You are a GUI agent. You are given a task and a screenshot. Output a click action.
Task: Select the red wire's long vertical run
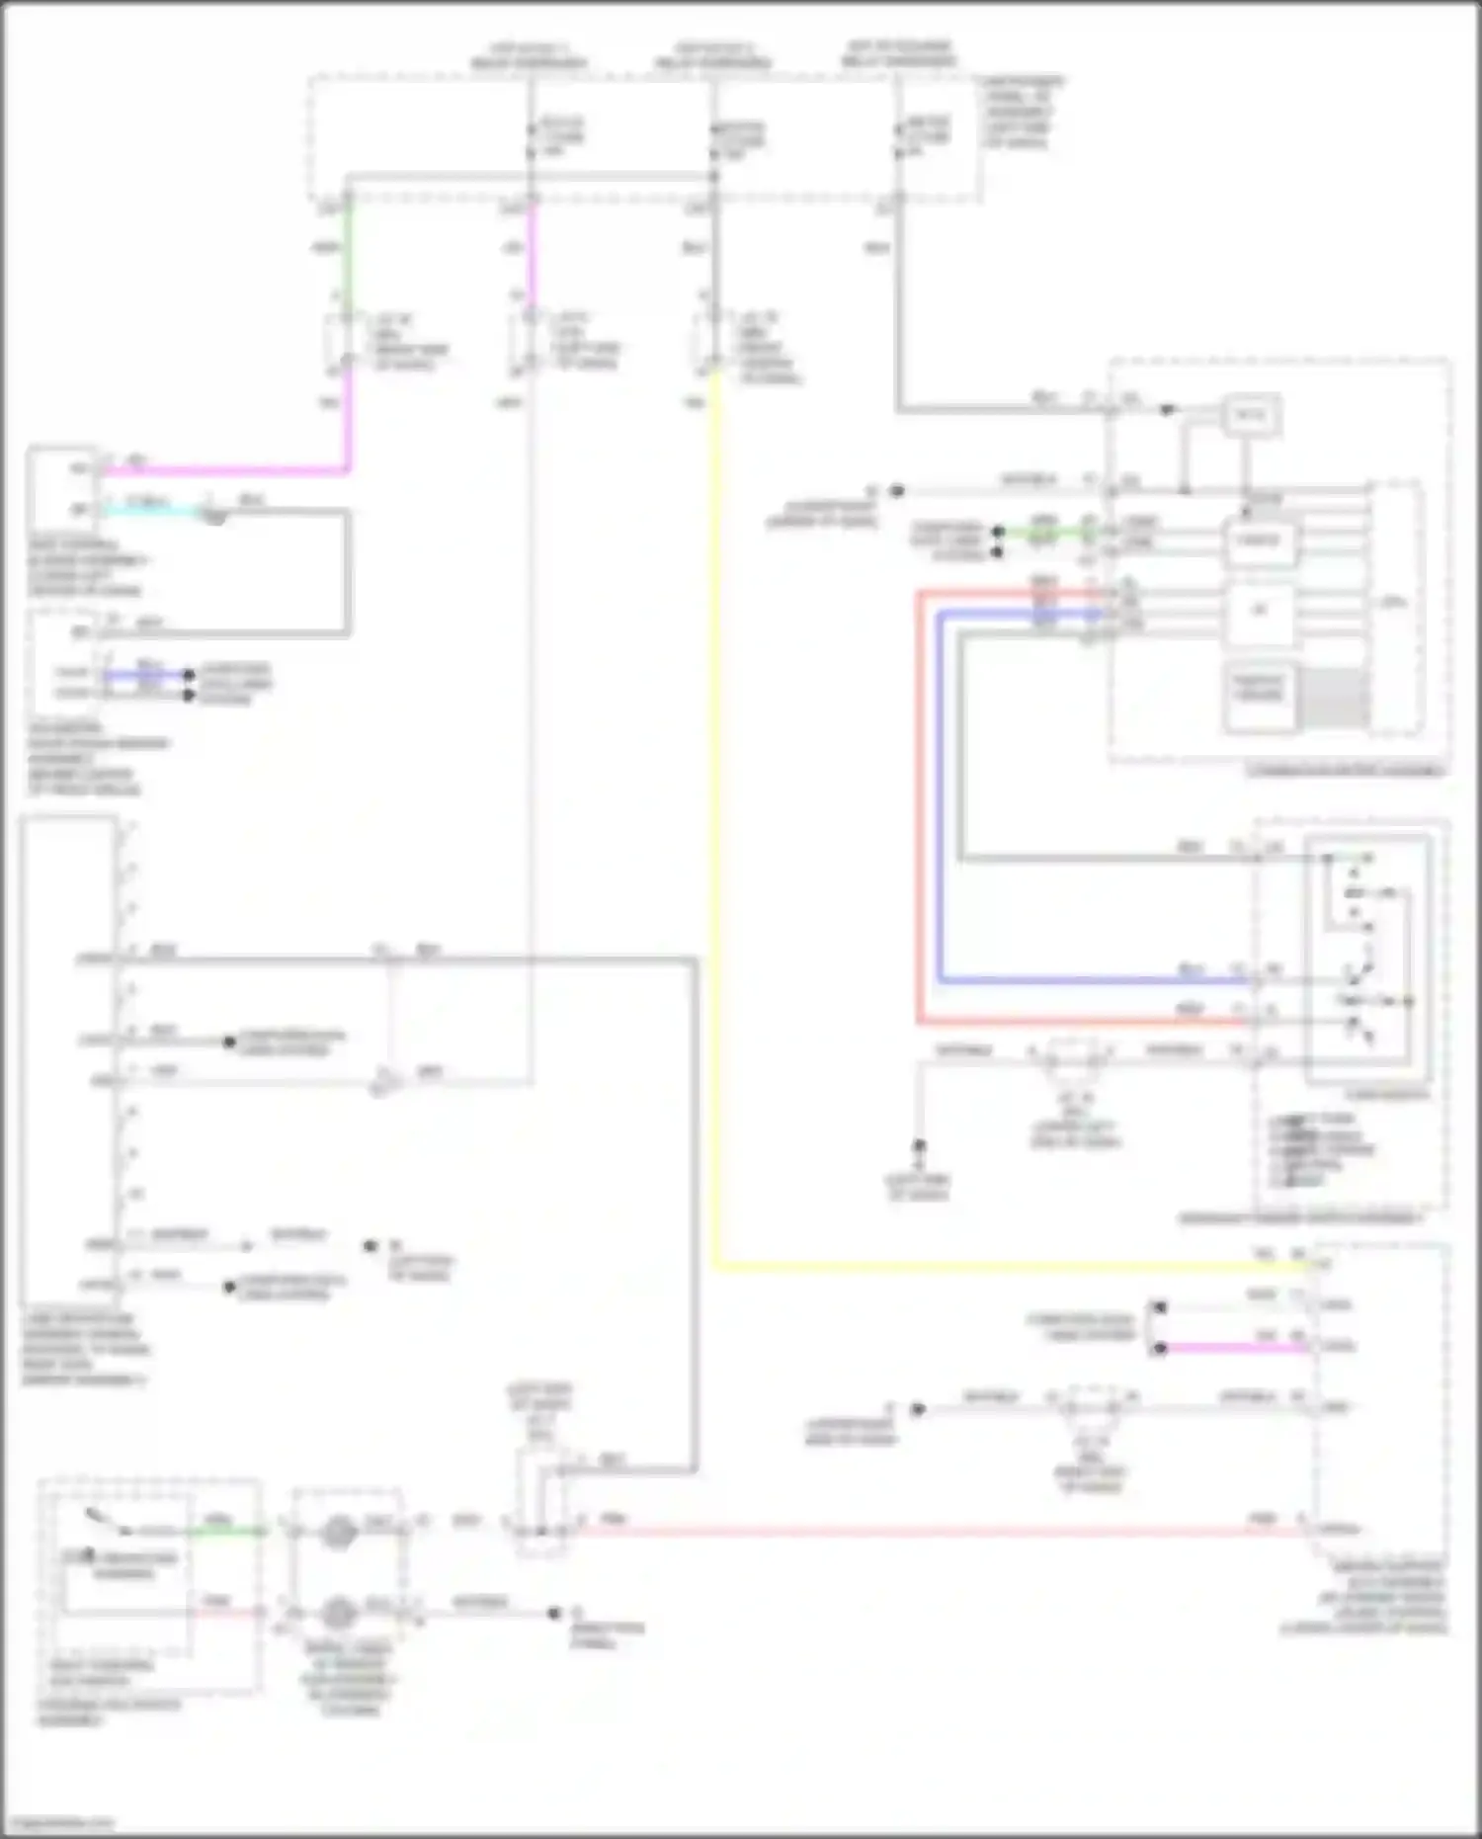(x=919, y=810)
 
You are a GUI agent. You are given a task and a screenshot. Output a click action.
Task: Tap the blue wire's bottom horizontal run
(x=1087, y=980)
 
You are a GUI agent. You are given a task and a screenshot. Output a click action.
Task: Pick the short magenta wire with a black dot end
(x=1235, y=1348)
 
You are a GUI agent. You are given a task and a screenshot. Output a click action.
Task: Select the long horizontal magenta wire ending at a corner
(x=227, y=471)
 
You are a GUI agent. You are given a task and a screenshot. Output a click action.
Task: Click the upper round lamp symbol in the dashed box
(x=339, y=1533)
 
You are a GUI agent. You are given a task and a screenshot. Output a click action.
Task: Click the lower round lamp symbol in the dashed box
(x=339, y=1614)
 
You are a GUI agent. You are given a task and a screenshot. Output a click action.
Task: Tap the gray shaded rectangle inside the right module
(x=1334, y=698)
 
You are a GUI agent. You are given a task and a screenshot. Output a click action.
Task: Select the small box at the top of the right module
(x=1251, y=416)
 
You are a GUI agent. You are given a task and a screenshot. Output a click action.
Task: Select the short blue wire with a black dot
(x=148, y=675)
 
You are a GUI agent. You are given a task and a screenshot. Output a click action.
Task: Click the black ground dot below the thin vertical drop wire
(x=919, y=1146)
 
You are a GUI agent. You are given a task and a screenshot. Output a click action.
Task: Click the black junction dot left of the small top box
(x=1168, y=409)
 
